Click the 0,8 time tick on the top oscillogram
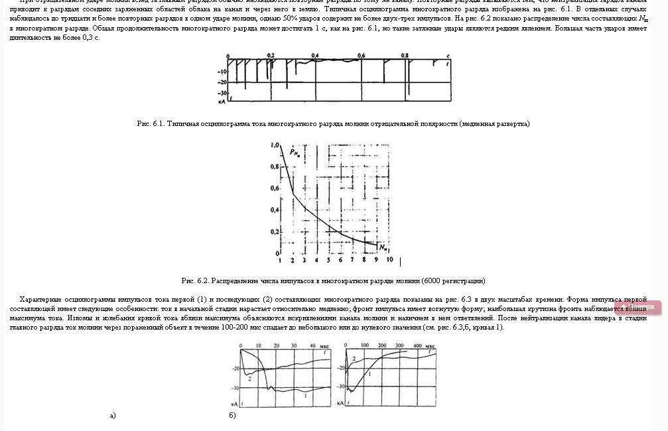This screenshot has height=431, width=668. [x=405, y=55]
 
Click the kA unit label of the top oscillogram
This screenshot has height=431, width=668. [x=222, y=103]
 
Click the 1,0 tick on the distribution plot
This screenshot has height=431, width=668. [x=275, y=145]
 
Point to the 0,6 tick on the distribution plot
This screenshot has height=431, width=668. [x=275, y=188]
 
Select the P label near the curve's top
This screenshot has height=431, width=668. [x=293, y=153]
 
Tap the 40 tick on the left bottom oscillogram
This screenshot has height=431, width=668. [x=314, y=346]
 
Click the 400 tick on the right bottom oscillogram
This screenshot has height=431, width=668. [x=418, y=346]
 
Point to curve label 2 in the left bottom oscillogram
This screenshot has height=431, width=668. [x=249, y=378]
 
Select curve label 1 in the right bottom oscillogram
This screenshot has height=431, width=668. [x=369, y=374]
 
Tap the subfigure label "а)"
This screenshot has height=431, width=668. [x=113, y=416]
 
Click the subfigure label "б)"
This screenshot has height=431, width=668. [x=232, y=416]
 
